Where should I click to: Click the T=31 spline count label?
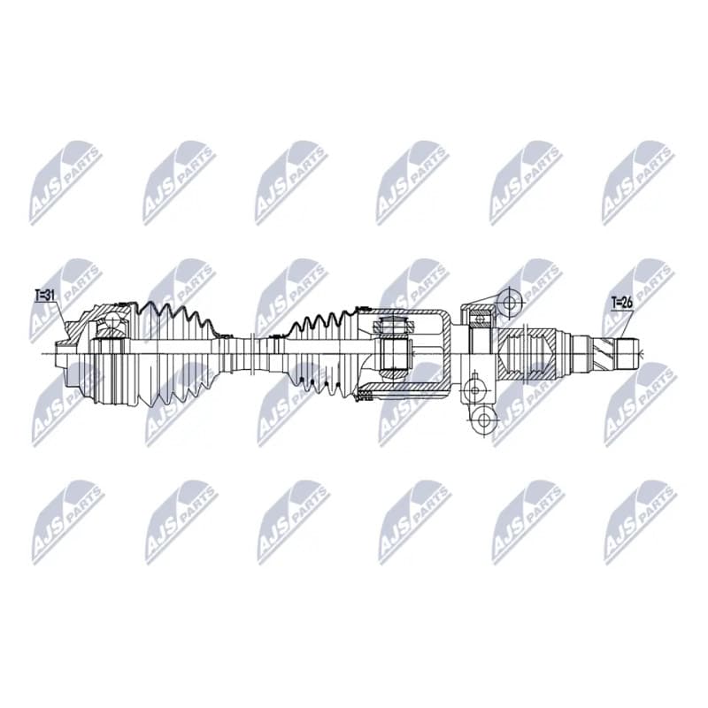tap(45, 296)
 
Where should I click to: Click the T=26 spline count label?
tap(622, 302)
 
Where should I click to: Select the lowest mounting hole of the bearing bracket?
tap(483, 419)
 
